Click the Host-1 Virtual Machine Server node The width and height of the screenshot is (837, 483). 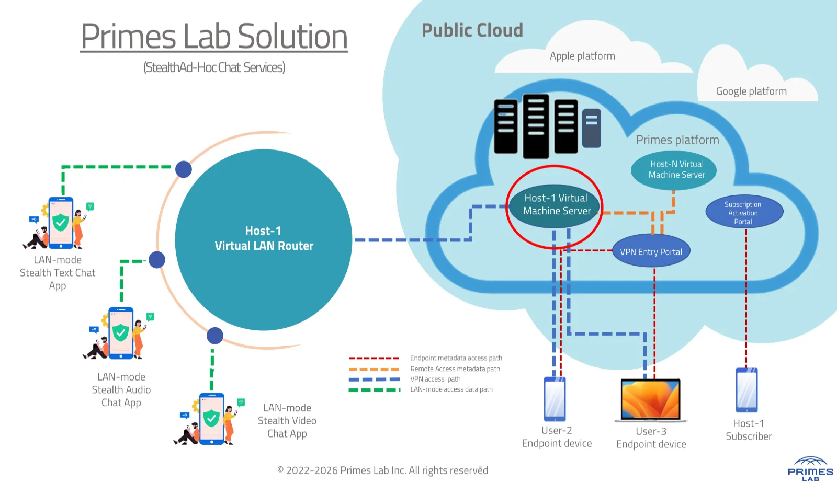(x=556, y=205)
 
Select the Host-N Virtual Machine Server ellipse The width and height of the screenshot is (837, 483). (x=674, y=170)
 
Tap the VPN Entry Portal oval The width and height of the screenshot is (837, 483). (x=651, y=251)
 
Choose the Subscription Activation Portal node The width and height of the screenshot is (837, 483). (x=743, y=212)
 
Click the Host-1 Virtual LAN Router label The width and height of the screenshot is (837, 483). (x=264, y=239)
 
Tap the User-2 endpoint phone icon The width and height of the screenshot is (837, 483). (x=555, y=399)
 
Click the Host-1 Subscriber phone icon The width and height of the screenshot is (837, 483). (x=746, y=390)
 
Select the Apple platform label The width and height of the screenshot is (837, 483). (x=582, y=56)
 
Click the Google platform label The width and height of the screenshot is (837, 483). (x=751, y=91)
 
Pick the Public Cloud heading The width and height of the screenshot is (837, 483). (x=472, y=30)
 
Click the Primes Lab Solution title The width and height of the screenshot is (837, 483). (x=214, y=37)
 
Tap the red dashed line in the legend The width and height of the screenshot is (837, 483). (x=374, y=358)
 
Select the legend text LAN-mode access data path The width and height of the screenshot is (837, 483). (x=451, y=389)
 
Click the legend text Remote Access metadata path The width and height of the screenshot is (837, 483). (x=455, y=369)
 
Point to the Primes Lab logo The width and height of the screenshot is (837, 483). (x=810, y=468)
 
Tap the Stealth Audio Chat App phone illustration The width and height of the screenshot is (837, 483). (x=121, y=333)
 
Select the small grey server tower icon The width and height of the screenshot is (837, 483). (x=591, y=128)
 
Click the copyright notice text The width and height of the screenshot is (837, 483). (x=382, y=470)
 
